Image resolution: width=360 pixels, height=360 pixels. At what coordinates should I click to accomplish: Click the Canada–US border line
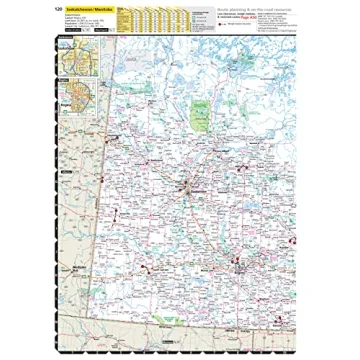pyautogui.click(x=200, y=335)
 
